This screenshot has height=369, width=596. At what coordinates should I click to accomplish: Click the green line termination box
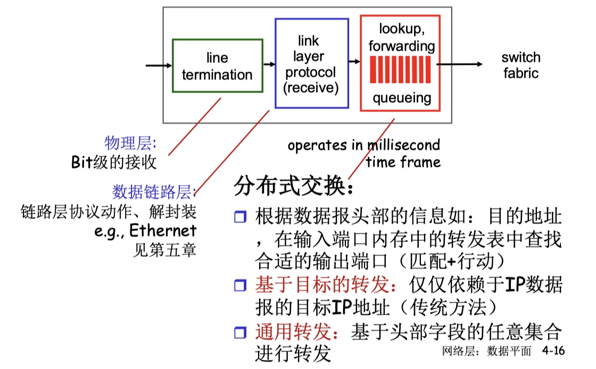point(217,65)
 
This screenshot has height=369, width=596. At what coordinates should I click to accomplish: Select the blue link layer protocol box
point(311,63)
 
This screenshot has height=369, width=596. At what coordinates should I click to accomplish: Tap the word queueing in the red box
point(401,98)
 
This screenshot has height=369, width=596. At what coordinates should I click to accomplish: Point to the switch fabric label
point(520,65)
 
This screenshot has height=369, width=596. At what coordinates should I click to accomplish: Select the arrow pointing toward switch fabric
point(461,64)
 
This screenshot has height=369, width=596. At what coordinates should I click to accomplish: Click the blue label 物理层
point(130,142)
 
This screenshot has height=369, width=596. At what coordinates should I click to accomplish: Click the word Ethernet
point(163,230)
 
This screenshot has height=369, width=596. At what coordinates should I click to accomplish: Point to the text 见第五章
point(164,249)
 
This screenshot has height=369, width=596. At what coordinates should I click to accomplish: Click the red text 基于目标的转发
point(326,286)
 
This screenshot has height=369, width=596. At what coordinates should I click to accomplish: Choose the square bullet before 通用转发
point(241,333)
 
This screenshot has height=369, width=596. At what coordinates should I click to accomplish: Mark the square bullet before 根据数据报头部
point(241,217)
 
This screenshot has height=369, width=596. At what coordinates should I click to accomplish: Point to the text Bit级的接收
point(114,162)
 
